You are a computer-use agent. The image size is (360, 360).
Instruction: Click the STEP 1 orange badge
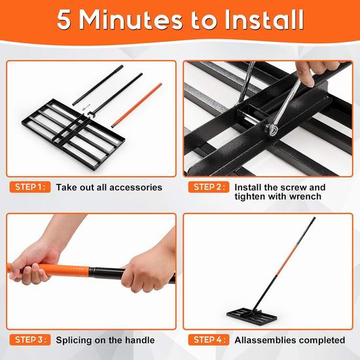coord(30,187)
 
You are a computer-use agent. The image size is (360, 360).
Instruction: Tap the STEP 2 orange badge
coord(209,187)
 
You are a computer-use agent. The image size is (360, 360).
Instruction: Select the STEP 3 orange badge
coord(30,340)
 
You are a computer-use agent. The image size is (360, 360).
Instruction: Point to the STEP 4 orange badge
coord(209,340)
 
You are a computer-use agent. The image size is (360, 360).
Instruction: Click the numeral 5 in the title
coord(63,20)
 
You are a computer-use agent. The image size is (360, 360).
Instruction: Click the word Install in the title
coord(264,20)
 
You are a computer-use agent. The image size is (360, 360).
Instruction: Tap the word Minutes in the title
coord(131,20)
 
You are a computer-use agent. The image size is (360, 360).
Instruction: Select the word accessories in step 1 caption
coord(135,188)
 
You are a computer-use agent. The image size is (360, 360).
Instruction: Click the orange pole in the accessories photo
coord(137,105)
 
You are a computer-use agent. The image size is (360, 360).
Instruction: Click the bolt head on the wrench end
coord(272,130)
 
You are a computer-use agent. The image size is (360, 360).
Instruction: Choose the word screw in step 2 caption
coord(293,188)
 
